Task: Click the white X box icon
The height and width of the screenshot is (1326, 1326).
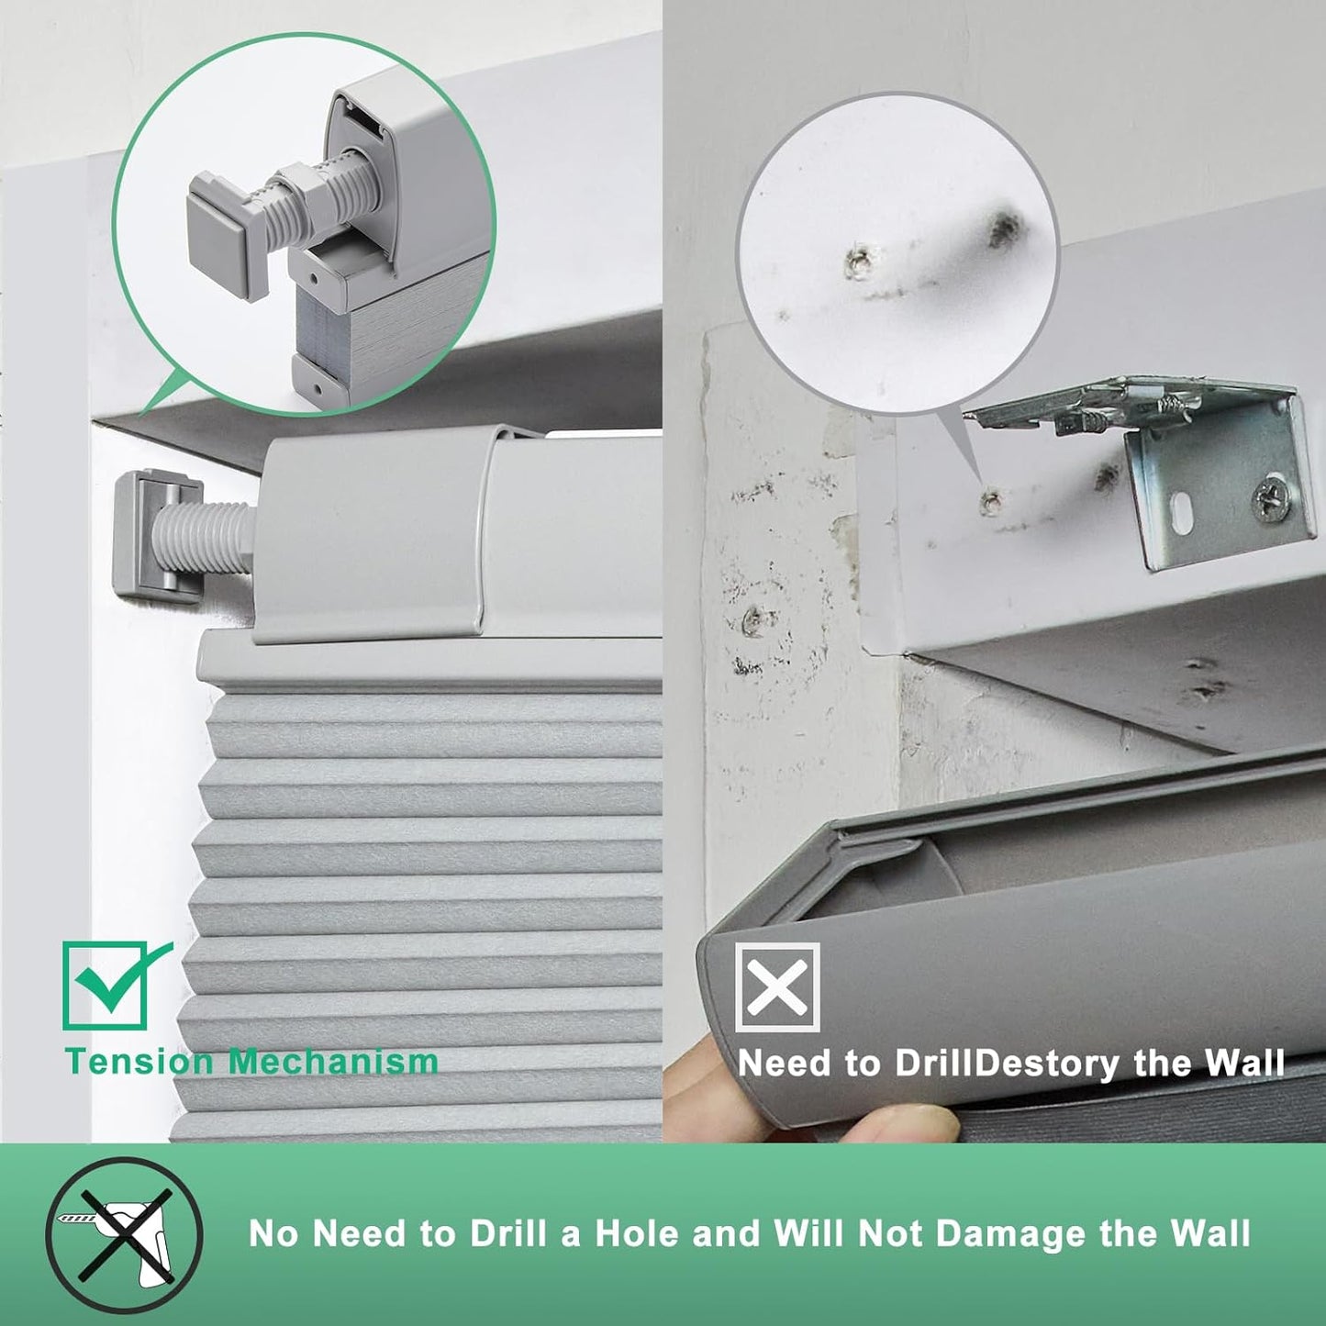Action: [777, 987]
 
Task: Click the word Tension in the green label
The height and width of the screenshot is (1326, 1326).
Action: [139, 1062]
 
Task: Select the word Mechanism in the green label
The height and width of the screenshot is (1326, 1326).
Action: [333, 1062]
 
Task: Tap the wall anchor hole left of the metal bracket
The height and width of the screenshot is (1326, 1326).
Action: [991, 500]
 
